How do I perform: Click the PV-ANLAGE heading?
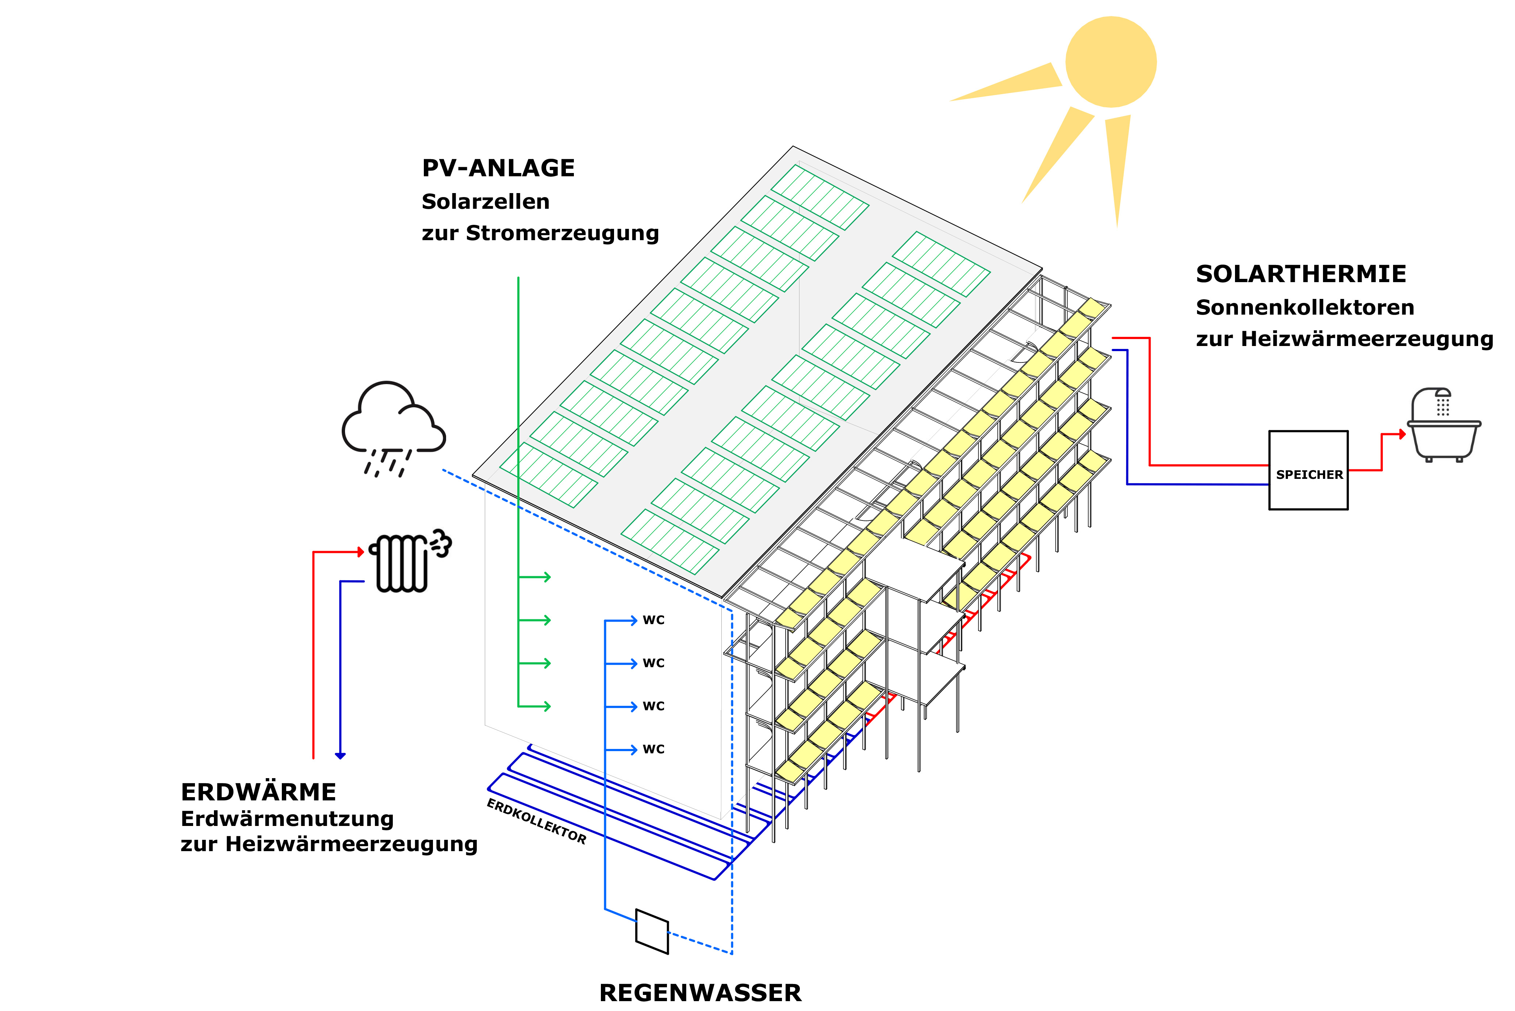pos(498,168)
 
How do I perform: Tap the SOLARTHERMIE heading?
pos(1300,274)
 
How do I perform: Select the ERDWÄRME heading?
pos(258,792)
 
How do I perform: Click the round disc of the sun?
pos(1110,62)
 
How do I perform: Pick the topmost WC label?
pos(653,620)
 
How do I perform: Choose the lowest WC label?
pos(653,749)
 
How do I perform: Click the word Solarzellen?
pos(485,202)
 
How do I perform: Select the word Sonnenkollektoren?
pos(1305,308)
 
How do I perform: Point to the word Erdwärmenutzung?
pos(287,819)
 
